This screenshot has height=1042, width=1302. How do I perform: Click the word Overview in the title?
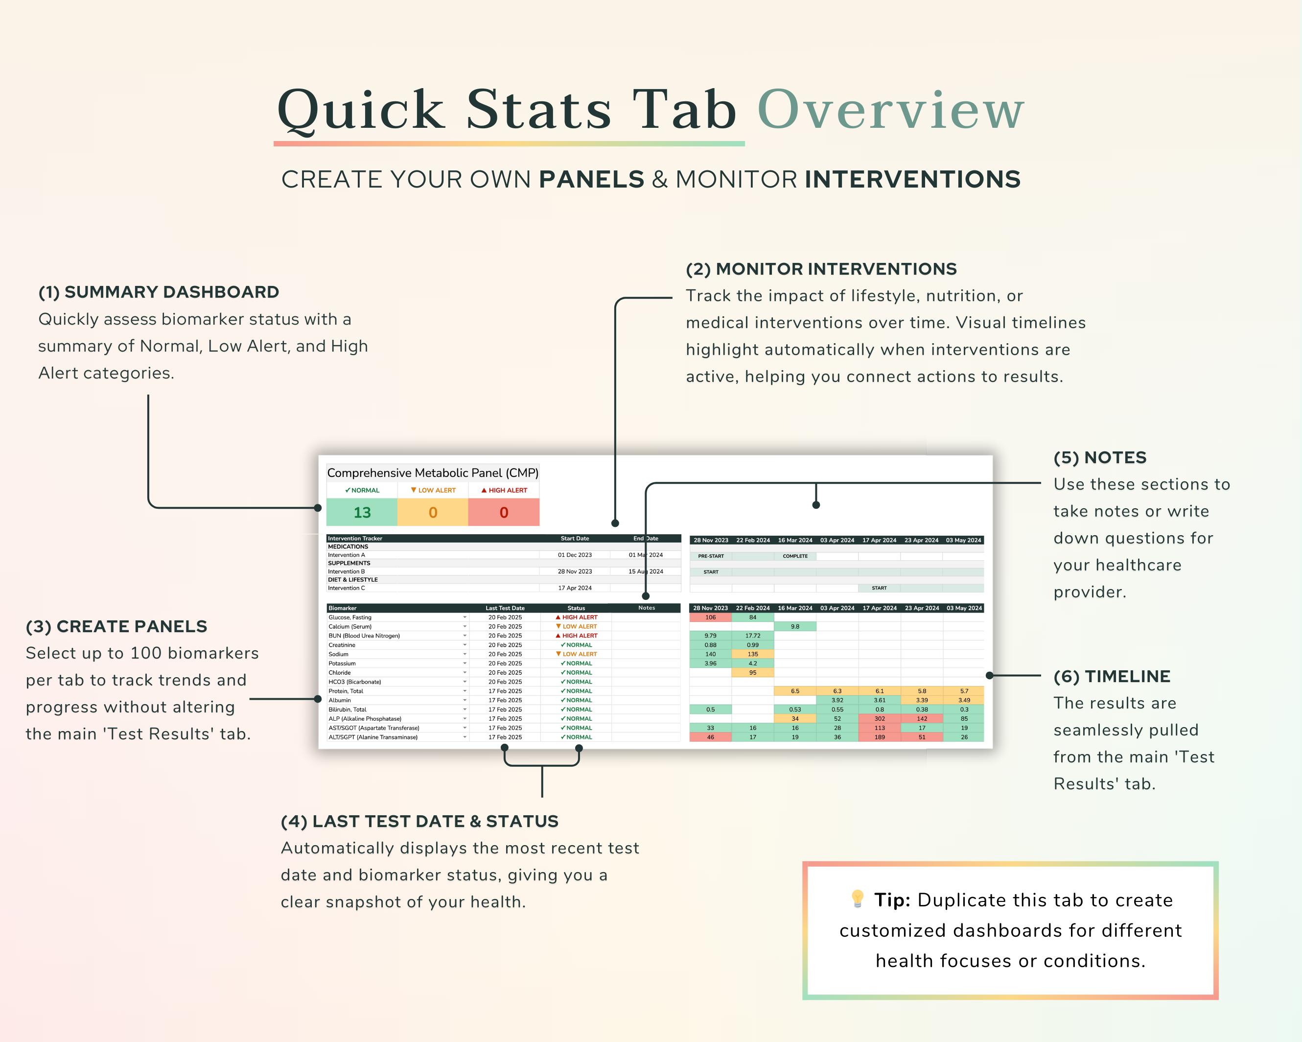tap(890, 110)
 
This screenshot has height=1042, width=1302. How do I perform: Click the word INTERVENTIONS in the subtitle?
tap(912, 179)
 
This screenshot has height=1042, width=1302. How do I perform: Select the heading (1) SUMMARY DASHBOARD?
tap(158, 292)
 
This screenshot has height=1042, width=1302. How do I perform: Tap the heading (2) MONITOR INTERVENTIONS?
tap(821, 269)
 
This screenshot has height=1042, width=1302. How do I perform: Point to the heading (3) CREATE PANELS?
tap(116, 626)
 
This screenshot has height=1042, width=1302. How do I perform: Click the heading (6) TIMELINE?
tap(1111, 677)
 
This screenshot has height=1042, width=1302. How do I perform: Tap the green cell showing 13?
tap(362, 513)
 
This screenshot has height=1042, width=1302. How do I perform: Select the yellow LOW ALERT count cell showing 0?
tap(432, 513)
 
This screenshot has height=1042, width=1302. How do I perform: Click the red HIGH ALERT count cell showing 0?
tap(504, 513)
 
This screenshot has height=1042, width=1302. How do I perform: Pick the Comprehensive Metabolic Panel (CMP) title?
tap(432, 473)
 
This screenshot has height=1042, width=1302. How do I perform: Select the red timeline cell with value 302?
tap(879, 719)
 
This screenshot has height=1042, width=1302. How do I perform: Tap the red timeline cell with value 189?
tap(879, 737)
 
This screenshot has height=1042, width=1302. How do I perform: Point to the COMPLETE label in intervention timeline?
tap(795, 556)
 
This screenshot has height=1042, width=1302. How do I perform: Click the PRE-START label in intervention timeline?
tap(711, 556)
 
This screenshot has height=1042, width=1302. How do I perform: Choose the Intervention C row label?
tap(346, 588)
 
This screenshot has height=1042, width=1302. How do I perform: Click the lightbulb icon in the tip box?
tap(856, 899)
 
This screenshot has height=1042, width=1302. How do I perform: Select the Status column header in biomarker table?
tap(576, 608)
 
